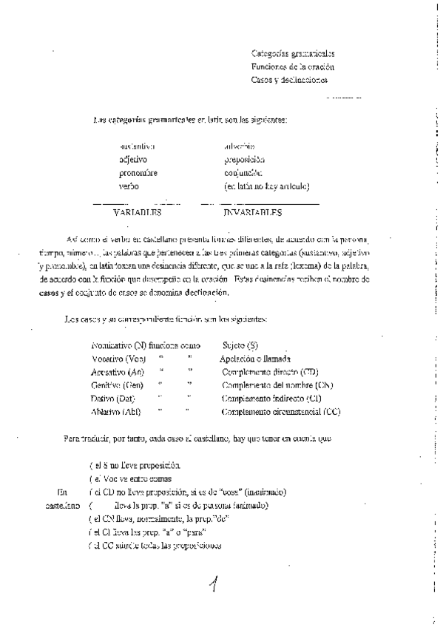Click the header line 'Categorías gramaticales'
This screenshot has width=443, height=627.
[x=292, y=54]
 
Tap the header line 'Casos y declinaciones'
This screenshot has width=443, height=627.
[x=288, y=80]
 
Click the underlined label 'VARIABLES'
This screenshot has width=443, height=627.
[x=137, y=213]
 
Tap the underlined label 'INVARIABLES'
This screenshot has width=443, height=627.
[x=252, y=213]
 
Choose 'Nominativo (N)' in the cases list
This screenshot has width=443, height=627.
[x=118, y=345]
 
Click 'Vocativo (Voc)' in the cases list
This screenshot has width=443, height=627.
[x=116, y=358]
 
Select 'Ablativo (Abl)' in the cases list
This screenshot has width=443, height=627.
[x=116, y=411]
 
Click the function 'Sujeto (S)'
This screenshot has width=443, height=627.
[x=240, y=345]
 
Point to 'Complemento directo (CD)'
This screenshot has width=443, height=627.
[x=270, y=371]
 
